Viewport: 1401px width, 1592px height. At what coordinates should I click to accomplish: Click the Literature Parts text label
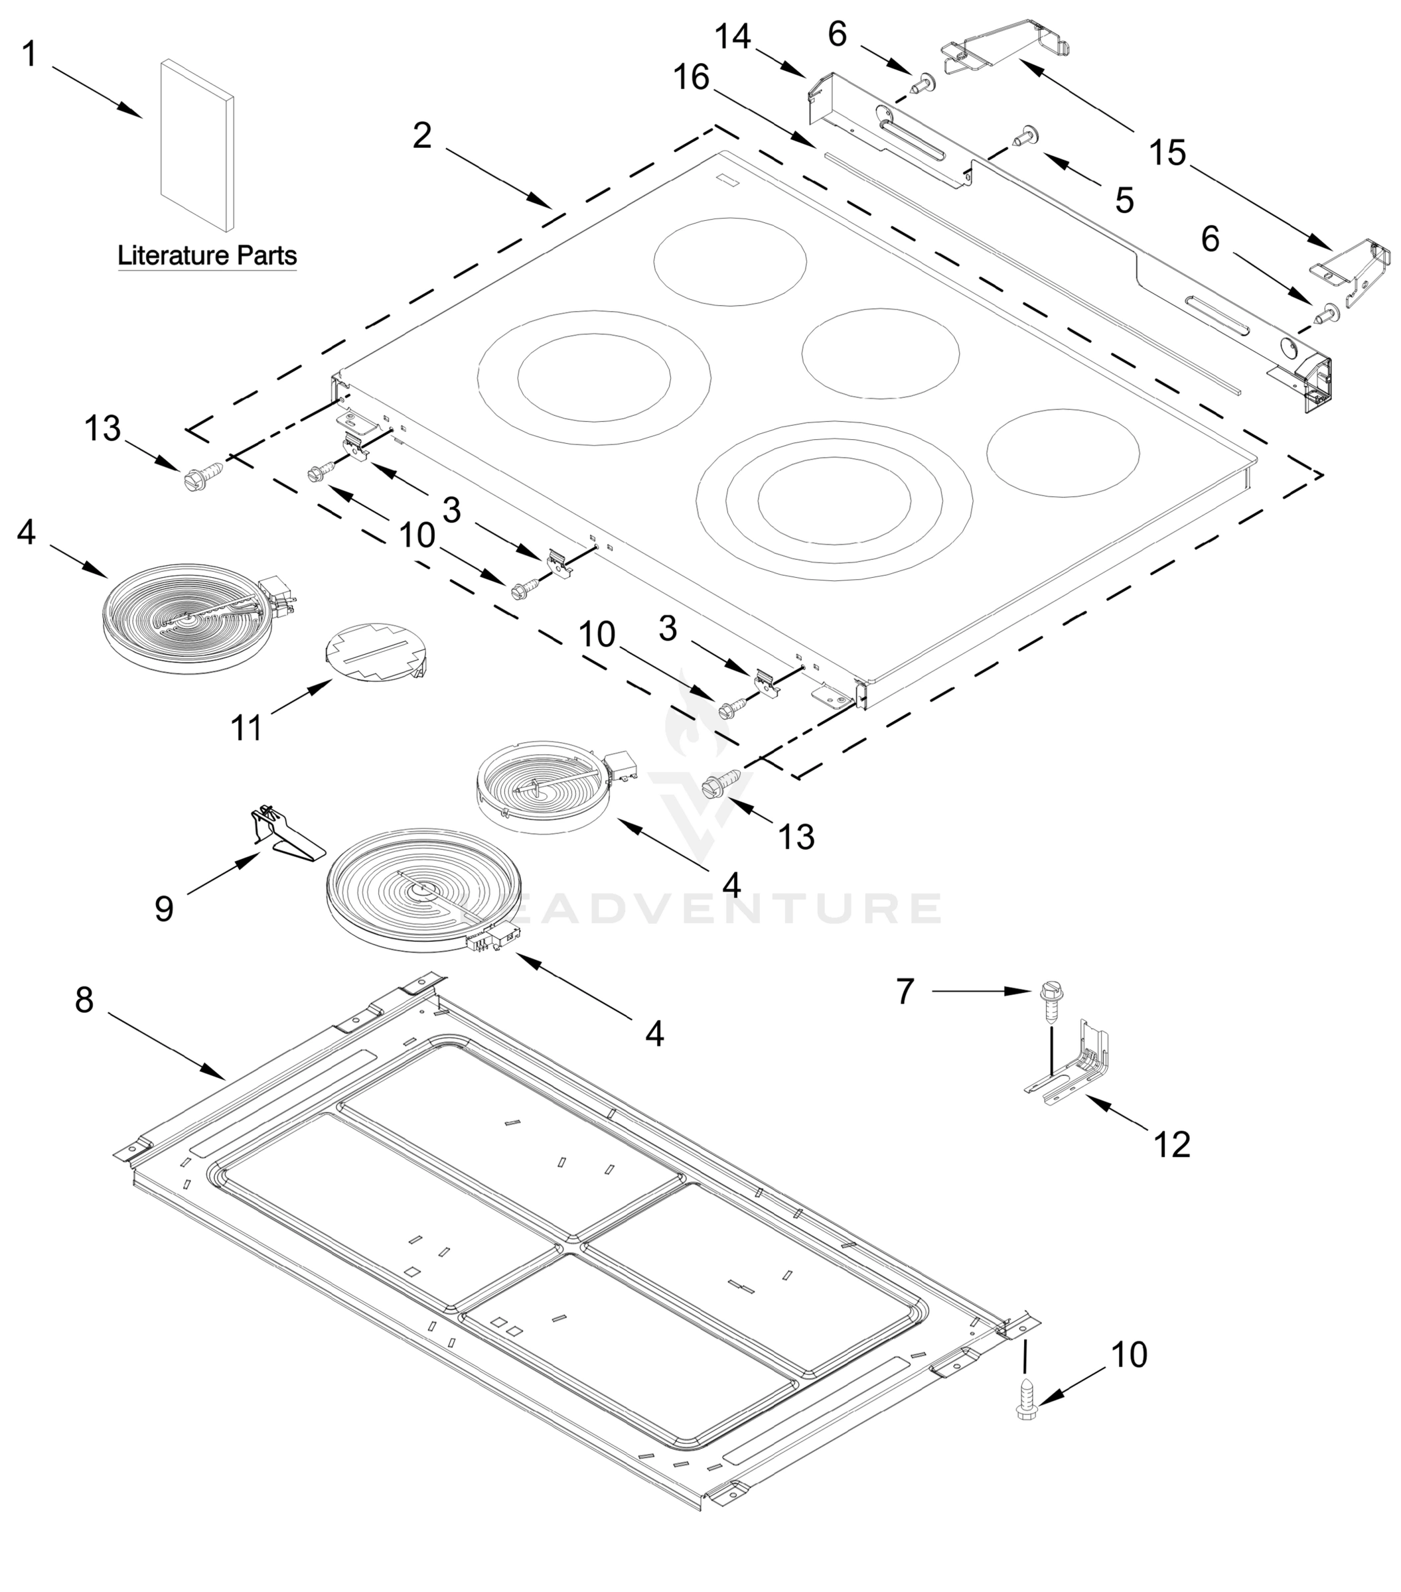206,255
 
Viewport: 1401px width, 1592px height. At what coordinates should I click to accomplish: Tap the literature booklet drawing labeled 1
196,146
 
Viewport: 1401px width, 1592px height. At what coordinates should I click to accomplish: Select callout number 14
733,37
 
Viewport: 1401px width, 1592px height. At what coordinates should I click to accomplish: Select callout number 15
1167,153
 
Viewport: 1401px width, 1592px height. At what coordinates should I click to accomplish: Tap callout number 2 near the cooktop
421,135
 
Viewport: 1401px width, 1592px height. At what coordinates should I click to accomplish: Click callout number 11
246,728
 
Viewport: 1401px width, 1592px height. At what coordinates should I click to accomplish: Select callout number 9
164,908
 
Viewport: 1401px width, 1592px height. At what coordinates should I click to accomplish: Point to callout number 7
904,992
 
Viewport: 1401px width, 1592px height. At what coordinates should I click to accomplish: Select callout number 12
1172,1145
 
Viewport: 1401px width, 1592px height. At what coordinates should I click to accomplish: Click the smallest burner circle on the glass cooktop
1062,452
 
